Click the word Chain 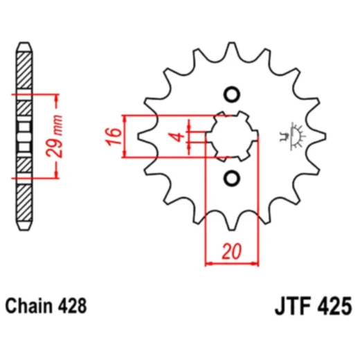[x=30, y=305]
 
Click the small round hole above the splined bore [x=231, y=95]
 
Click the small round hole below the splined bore [x=231, y=177]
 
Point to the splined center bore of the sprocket [x=231, y=136]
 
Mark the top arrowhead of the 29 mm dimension [x=51, y=96]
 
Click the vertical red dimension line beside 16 [x=125, y=136]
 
